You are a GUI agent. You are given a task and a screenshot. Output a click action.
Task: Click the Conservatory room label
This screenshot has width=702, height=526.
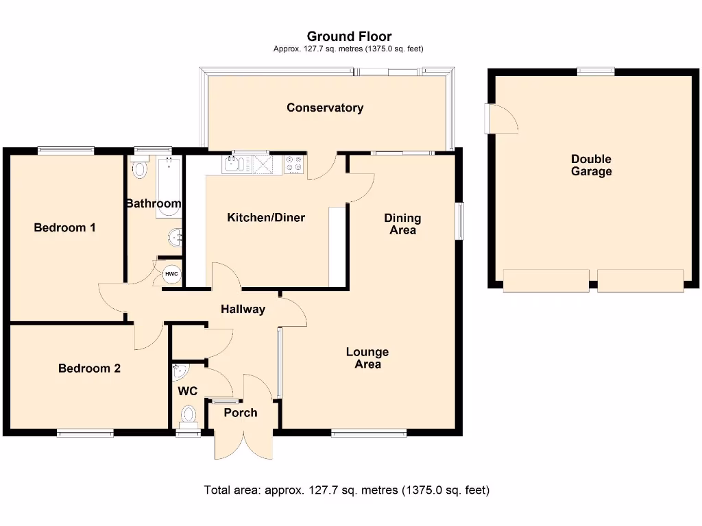325,108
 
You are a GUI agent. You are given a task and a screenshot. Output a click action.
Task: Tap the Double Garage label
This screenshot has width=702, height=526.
591,165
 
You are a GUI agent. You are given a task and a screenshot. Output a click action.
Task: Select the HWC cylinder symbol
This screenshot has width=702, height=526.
171,275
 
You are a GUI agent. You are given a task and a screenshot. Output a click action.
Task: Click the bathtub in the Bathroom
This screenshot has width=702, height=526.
169,187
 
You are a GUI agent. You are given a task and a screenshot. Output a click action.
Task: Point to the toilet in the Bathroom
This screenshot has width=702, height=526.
140,168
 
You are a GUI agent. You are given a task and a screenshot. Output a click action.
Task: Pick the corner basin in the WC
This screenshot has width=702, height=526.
180,372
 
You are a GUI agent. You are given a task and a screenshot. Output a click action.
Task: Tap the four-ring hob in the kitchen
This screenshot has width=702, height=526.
294,164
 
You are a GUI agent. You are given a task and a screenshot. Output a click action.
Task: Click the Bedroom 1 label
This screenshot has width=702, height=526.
64,227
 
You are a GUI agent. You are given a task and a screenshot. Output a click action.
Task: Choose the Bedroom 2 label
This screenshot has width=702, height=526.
89,368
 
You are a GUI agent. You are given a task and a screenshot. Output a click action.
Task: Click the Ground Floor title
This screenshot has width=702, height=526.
349,36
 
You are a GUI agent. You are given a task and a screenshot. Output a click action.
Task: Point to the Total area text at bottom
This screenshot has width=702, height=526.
346,490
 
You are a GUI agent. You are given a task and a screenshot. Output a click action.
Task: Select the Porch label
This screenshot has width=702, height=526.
241,412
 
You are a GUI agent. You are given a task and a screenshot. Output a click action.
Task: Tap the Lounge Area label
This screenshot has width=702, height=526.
367,358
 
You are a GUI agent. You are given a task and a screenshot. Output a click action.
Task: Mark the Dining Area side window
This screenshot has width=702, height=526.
459,221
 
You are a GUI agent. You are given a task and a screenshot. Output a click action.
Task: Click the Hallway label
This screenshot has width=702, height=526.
243,309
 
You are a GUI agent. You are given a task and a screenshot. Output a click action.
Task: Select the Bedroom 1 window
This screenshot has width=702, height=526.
66,151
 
